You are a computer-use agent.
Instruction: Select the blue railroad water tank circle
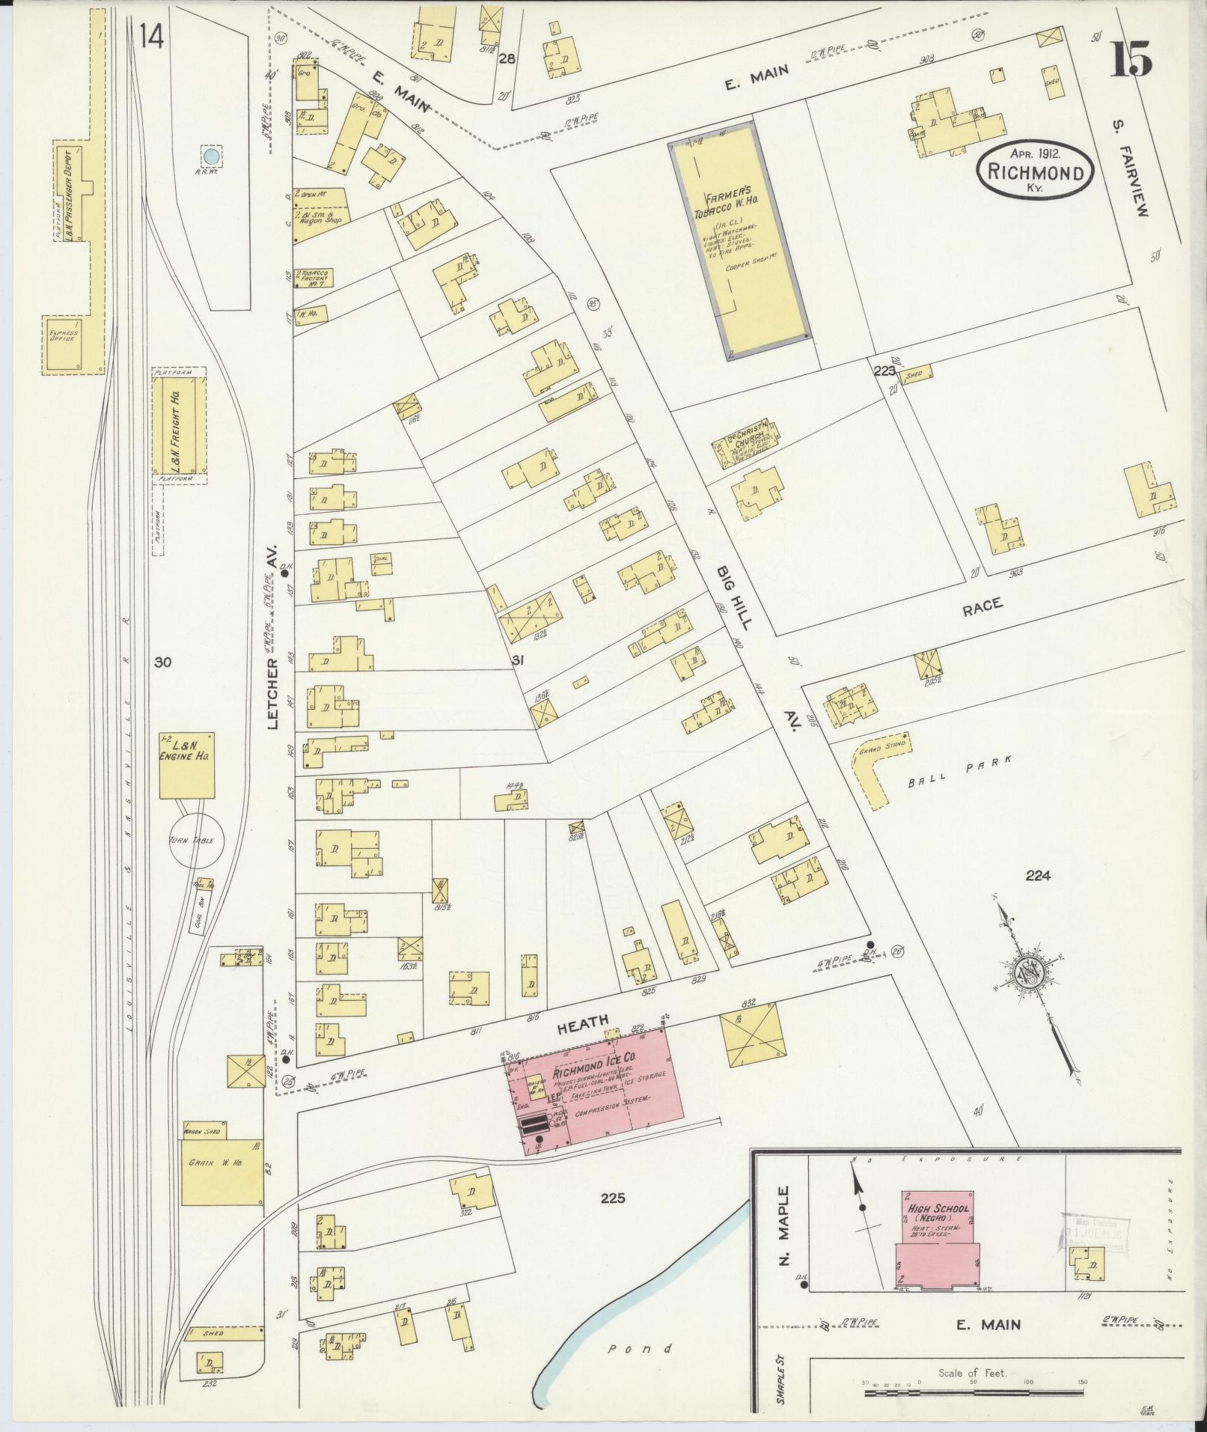[212, 156]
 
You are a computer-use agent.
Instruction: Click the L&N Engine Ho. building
[186, 765]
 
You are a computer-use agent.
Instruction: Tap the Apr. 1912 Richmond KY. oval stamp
[1035, 171]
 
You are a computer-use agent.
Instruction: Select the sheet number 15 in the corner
[1130, 60]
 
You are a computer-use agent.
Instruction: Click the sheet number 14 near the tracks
[151, 35]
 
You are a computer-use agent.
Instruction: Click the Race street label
[982, 606]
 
